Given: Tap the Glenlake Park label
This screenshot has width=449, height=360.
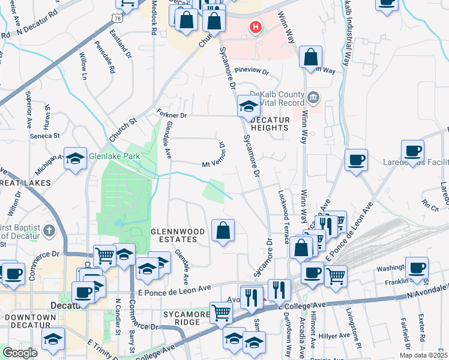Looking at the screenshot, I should (114, 156).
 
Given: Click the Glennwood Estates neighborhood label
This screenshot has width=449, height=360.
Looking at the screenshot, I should (173, 235).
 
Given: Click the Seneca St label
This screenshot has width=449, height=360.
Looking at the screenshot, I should (45, 135).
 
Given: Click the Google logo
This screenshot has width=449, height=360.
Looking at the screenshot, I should (20, 352).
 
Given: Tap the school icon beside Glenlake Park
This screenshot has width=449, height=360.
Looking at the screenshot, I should (76, 159).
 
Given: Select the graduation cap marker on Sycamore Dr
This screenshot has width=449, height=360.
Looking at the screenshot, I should (249, 107).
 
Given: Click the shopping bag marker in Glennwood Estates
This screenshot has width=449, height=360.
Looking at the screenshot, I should (223, 230).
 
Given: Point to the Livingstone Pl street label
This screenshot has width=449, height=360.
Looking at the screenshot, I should (354, 329).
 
